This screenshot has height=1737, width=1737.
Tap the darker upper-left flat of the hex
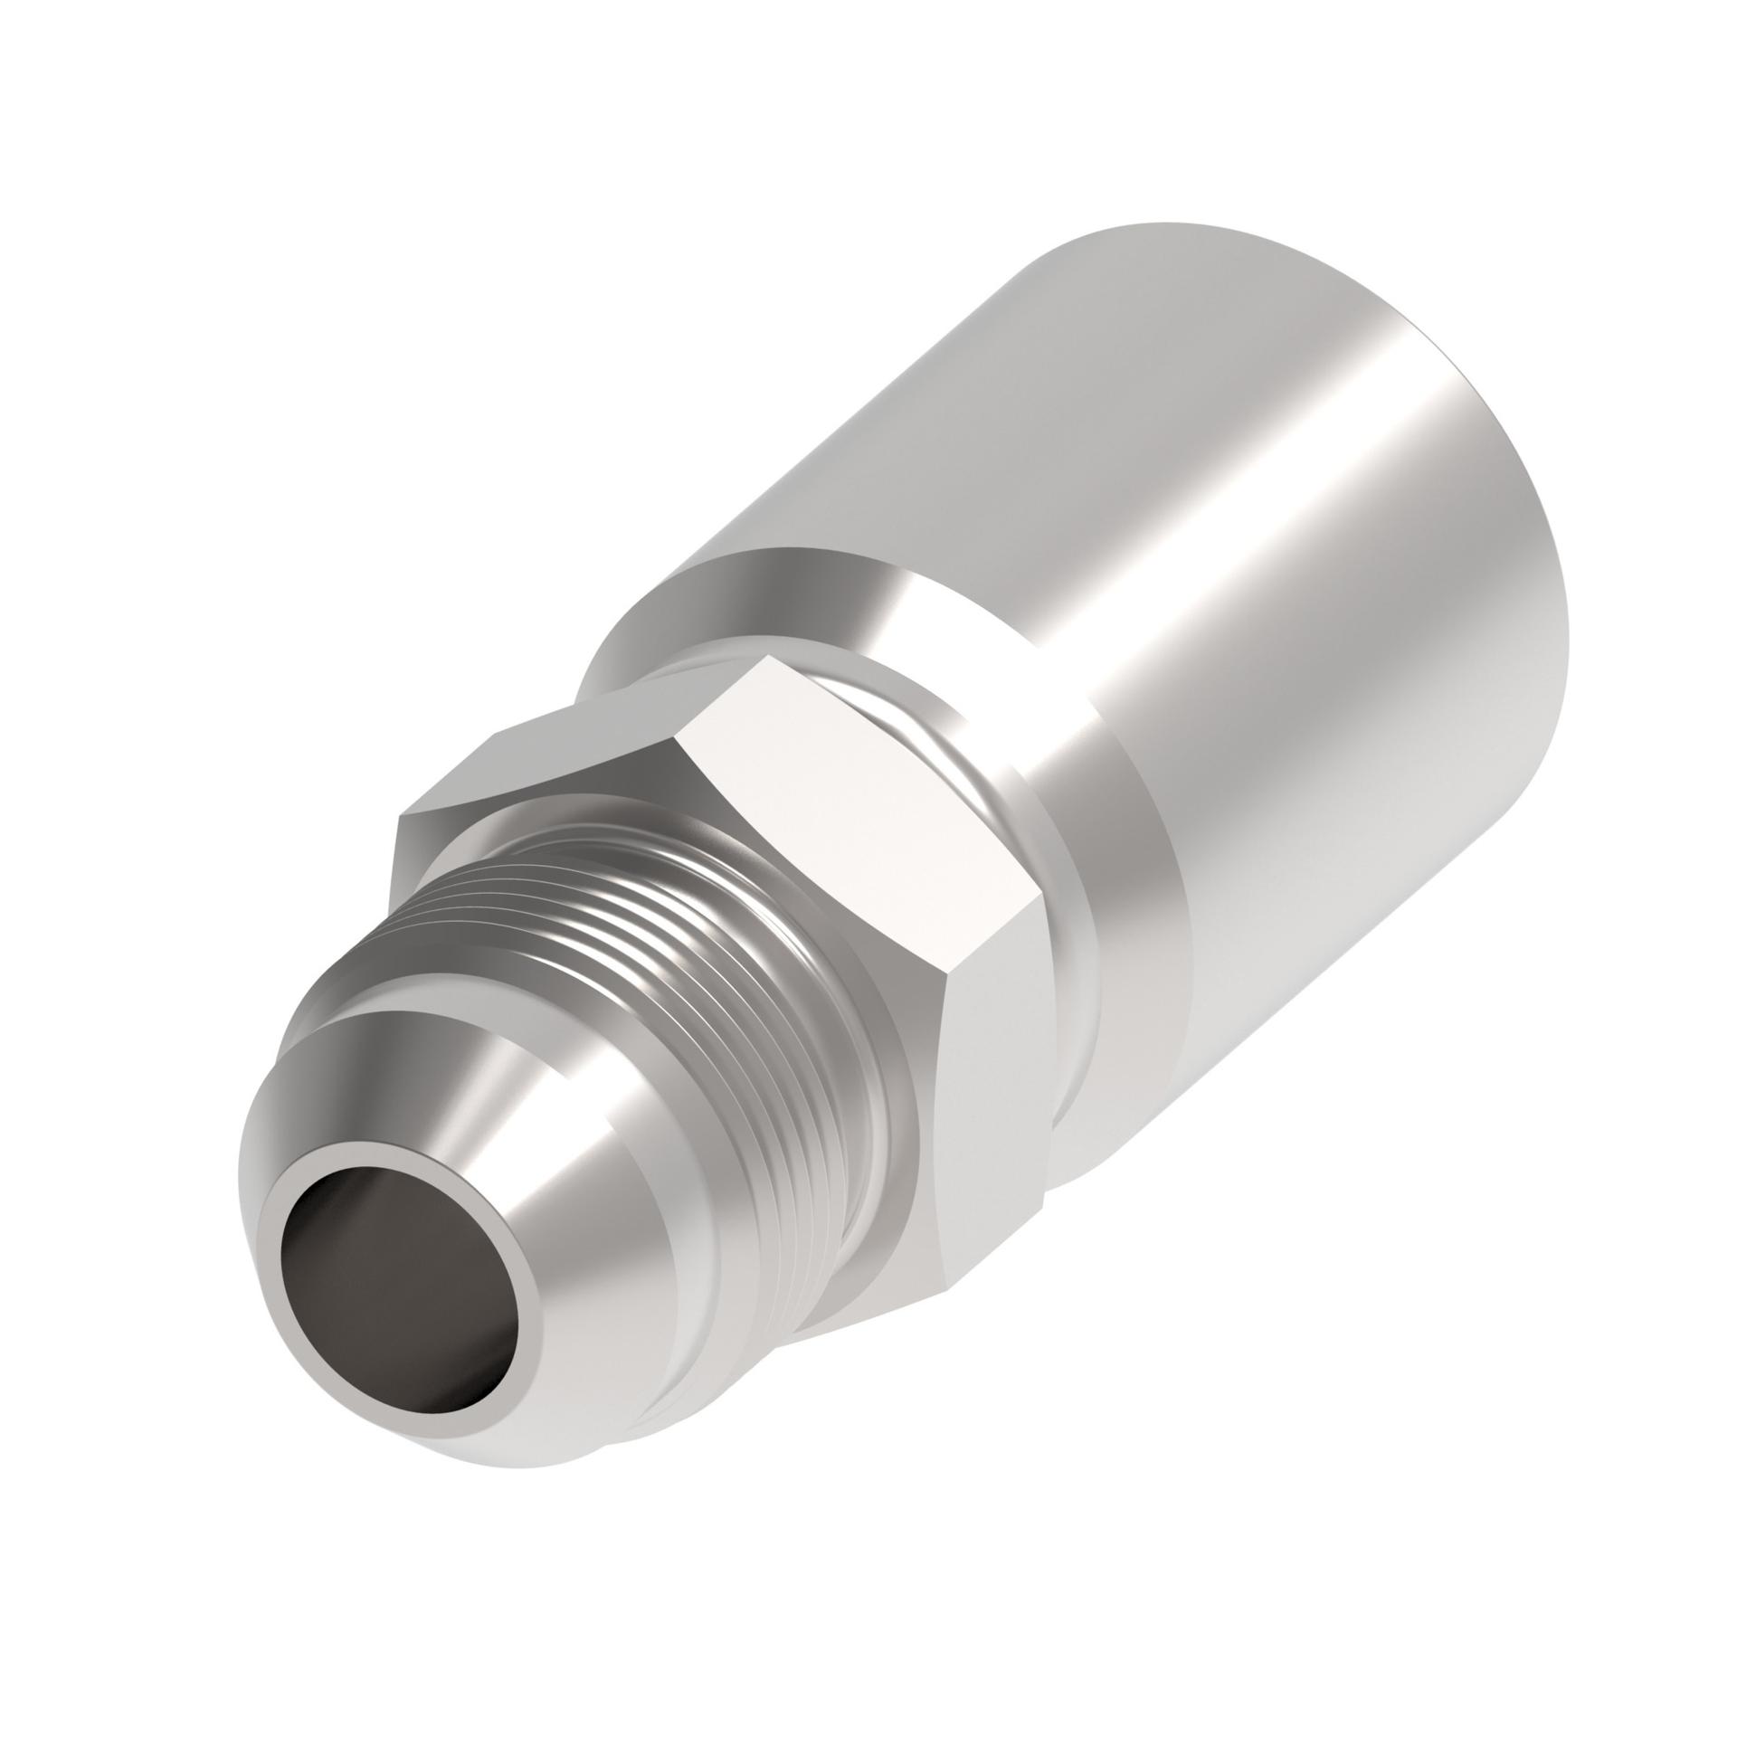pos(552,724)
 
